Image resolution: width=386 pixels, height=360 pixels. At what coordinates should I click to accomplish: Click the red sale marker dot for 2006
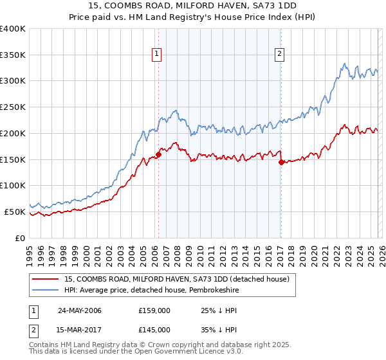[x=158, y=154]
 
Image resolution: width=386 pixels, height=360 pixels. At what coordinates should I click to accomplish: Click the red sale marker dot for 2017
[x=281, y=162]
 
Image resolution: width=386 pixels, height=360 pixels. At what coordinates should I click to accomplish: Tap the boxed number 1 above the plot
[x=158, y=55]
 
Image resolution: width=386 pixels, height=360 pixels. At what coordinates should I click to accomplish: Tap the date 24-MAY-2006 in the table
[x=80, y=310]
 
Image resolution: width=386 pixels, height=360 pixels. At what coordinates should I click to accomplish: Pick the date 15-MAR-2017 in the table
[x=80, y=330]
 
